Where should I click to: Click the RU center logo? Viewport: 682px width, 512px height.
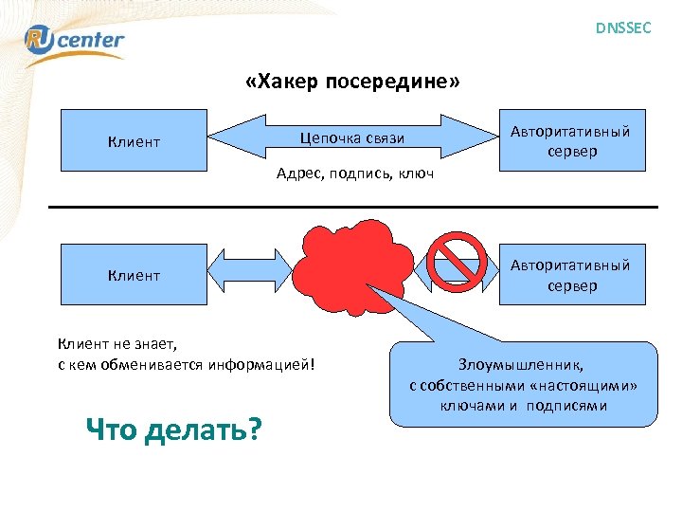click(74, 41)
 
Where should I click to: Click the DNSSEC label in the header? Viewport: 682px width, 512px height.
click(622, 28)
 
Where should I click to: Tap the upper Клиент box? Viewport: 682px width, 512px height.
click(134, 142)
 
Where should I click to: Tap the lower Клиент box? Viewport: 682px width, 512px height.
click(134, 275)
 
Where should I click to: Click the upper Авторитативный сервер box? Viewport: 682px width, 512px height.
click(571, 141)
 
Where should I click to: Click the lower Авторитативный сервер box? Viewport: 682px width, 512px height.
click(571, 275)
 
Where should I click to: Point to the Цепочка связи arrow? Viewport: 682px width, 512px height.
click(352, 138)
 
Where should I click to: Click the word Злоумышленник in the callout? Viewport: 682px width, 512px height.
click(522, 365)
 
